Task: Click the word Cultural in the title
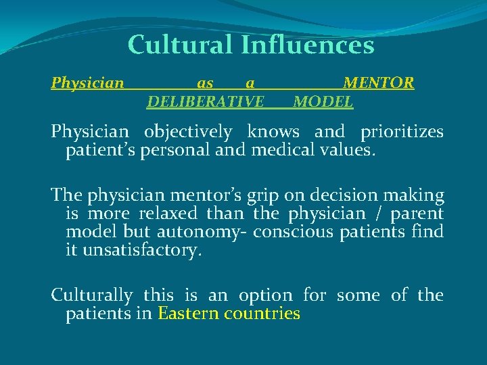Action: click(x=180, y=45)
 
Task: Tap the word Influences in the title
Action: click(x=308, y=45)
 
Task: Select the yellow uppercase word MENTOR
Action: click(x=379, y=83)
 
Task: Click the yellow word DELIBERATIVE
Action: click(x=206, y=101)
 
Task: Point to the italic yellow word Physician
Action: click(x=88, y=83)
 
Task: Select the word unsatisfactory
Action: click(x=141, y=249)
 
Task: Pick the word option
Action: click(x=265, y=296)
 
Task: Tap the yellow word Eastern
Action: click(x=187, y=314)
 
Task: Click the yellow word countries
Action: click(x=261, y=314)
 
